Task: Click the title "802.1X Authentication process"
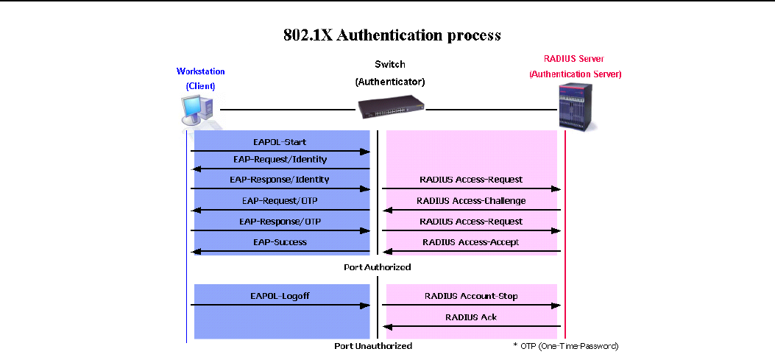click(392, 35)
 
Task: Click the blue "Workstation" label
click(201, 71)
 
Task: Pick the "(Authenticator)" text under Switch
click(390, 81)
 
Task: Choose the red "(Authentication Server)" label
click(576, 74)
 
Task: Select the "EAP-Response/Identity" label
click(279, 179)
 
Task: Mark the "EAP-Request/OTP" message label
click(280, 200)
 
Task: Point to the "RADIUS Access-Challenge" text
click(471, 200)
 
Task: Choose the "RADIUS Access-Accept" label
click(470, 241)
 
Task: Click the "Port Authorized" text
click(377, 267)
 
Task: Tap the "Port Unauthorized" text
click(374, 345)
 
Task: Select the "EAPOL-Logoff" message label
click(280, 295)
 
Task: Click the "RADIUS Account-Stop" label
click(471, 296)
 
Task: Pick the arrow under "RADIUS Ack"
click(471, 327)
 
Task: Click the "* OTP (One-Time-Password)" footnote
click(565, 345)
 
